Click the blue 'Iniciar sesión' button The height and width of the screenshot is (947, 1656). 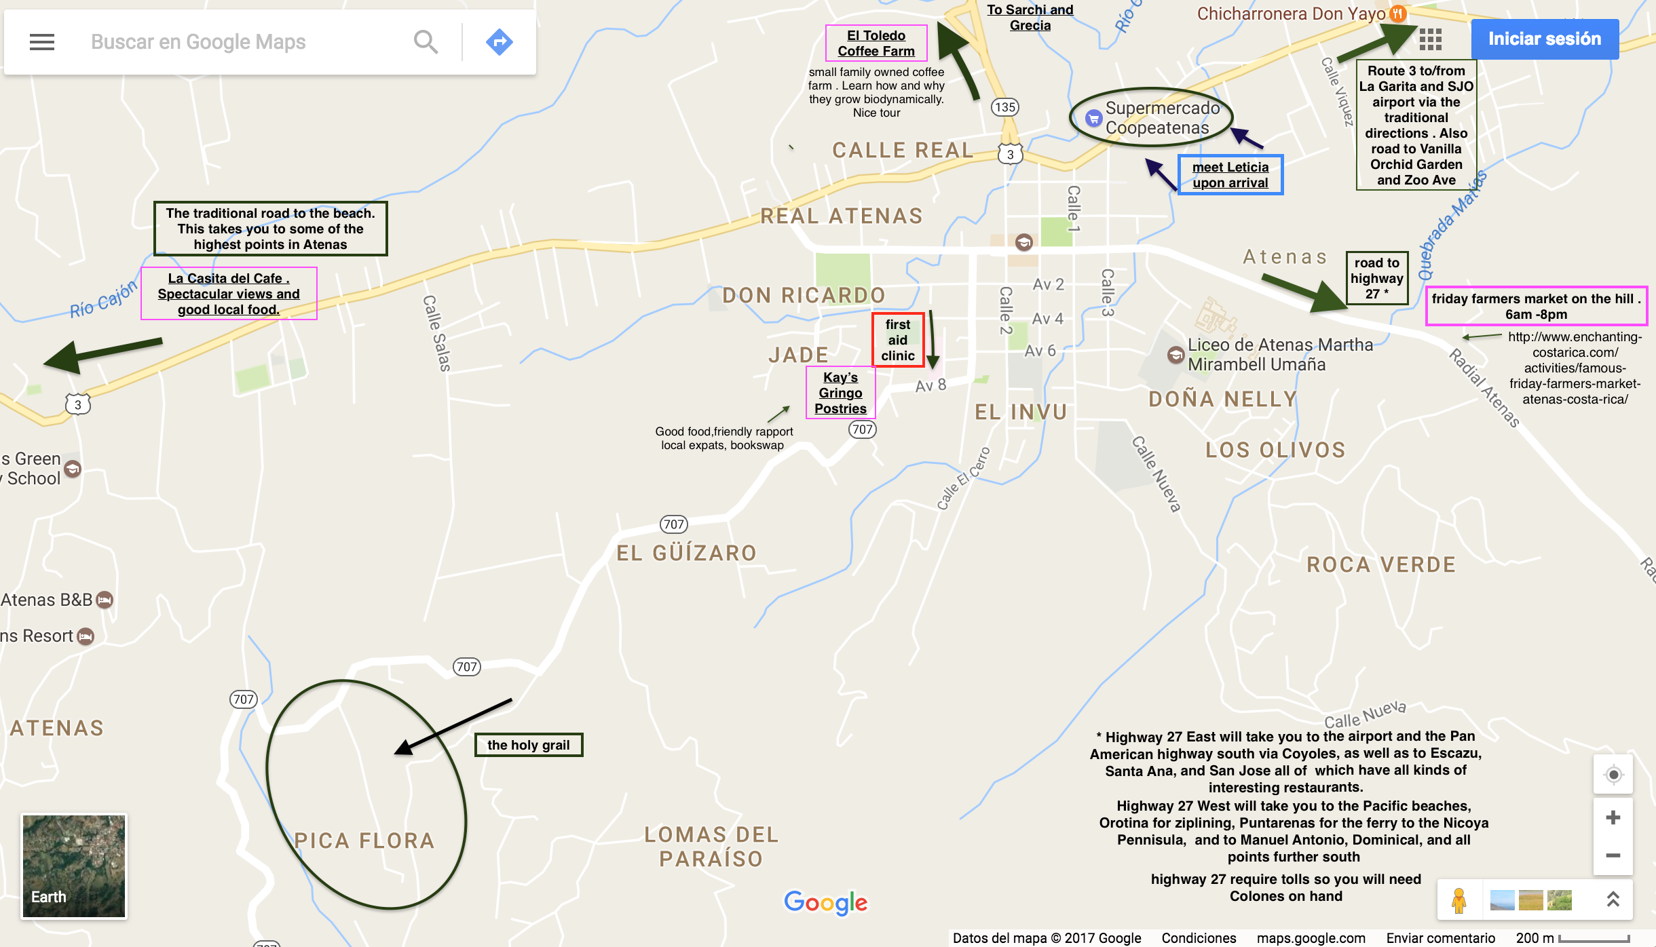pyautogui.click(x=1545, y=39)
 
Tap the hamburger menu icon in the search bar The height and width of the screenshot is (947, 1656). pyautogui.click(x=42, y=42)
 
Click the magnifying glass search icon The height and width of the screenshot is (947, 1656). pyautogui.click(x=426, y=42)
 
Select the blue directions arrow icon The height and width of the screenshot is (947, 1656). pyautogui.click(x=499, y=42)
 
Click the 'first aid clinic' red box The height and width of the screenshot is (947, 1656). pyautogui.click(x=898, y=340)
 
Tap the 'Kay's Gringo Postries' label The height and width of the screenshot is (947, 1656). pyautogui.click(x=840, y=393)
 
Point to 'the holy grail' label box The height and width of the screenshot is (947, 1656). pyautogui.click(x=528, y=745)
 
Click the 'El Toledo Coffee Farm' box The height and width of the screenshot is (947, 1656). pyautogui.click(x=876, y=43)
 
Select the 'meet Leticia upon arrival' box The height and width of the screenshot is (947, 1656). pyautogui.click(x=1230, y=175)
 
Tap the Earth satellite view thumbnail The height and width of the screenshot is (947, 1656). pyautogui.click(x=73, y=866)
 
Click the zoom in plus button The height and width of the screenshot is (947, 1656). pyautogui.click(x=1613, y=817)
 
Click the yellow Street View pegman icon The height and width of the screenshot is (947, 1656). pyautogui.click(x=1459, y=900)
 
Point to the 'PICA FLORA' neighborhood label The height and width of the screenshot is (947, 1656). pyautogui.click(x=364, y=840)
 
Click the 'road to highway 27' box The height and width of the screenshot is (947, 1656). pyautogui.click(x=1376, y=278)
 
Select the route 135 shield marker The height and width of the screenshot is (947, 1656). pyautogui.click(x=1004, y=107)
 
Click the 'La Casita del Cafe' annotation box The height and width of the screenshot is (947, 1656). pyautogui.click(x=229, y=294)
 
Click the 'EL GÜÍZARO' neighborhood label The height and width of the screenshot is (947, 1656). pyautogui.click(x=686, y=553)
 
